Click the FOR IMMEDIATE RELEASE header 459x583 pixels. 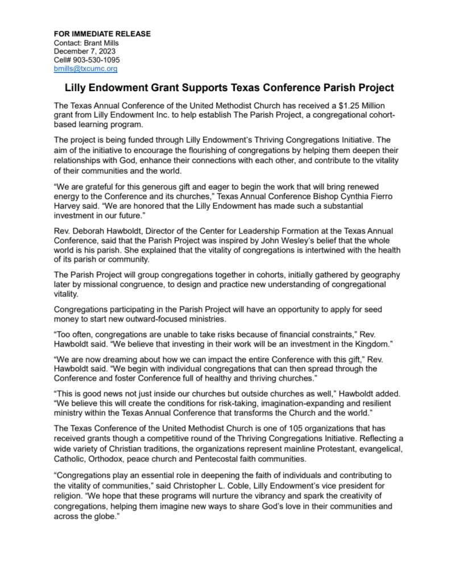pyautogui.click(x=102, y=34)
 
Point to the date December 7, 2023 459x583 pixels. pyautogui.click(x=85, y=51)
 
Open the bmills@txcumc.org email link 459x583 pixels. pyautogui.click(x=85, y=68)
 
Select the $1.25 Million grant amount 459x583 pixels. pyautogui.click(x=363, y=106)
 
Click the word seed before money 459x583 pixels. pyautogui.click(x=371, y=309)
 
